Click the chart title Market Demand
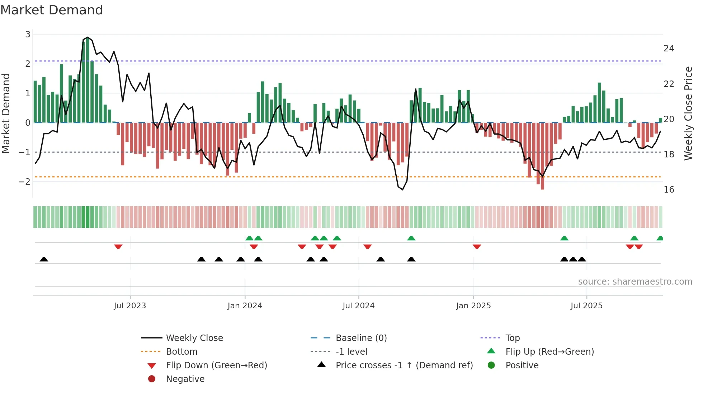[52, 10]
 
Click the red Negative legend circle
[152, 379]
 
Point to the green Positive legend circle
[491, 365]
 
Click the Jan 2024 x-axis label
[245, 306]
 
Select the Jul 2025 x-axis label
[586, 306]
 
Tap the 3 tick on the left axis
[28, 34]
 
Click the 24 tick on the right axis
[669, 49]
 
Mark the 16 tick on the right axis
[669, 190]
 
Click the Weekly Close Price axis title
[688, 113]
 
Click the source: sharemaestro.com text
[635, 281]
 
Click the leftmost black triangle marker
[44, 259]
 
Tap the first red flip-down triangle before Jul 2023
[118, 247]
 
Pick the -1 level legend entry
[351, 351]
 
